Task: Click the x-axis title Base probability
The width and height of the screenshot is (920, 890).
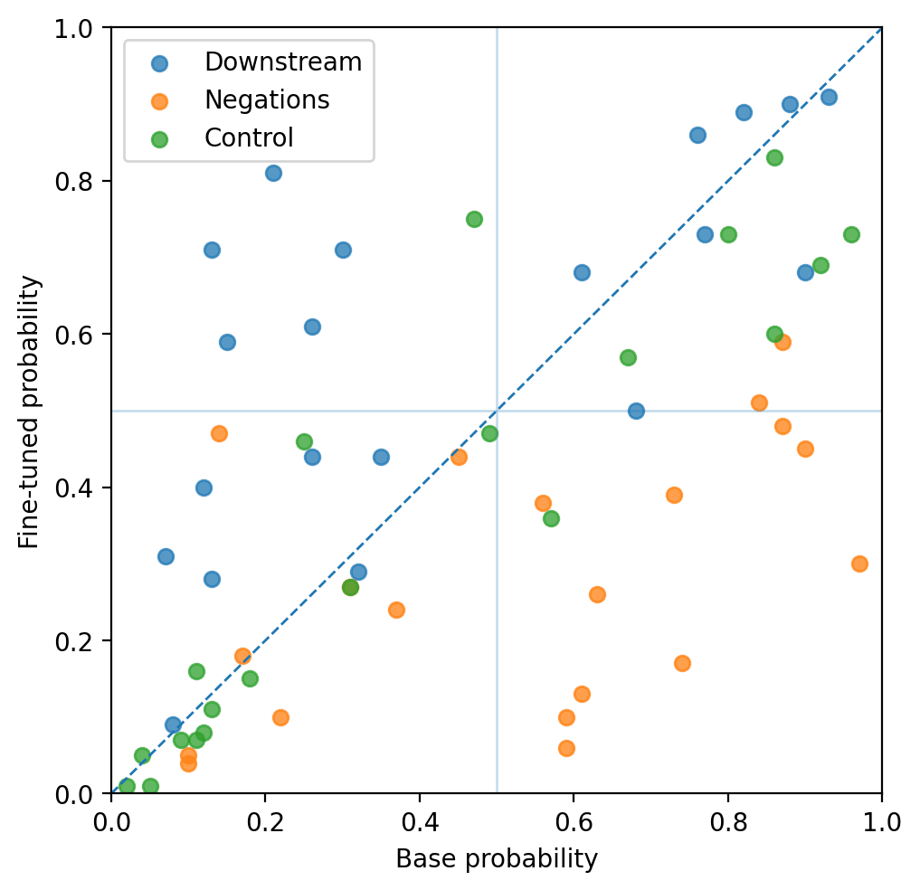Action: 497,859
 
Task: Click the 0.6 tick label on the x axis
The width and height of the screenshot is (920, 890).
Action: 574,824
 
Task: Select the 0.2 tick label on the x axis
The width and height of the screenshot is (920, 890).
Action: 265,824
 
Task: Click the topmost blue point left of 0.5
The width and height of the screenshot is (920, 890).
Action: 273,173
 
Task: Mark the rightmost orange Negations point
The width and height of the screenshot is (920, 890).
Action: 859,563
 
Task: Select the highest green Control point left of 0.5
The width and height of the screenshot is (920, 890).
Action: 474,219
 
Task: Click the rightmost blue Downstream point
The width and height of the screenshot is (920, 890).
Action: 829,97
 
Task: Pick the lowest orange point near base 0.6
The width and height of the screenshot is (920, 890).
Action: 566,748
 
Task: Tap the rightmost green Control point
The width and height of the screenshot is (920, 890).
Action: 851,234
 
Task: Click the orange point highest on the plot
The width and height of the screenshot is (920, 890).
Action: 782,342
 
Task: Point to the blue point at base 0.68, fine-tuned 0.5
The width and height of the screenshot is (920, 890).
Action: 636,411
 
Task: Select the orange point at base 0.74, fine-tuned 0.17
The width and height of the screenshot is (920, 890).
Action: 682,663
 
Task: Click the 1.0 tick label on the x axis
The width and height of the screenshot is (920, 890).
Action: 881,824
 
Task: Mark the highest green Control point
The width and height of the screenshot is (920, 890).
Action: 774,157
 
